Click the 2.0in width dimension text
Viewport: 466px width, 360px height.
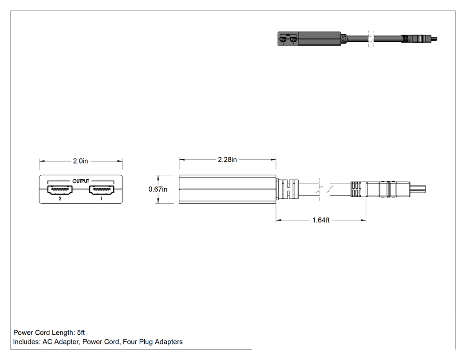point(80,161)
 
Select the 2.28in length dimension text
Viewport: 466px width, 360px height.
point(227,160)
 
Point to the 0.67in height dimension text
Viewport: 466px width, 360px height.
point(158,190)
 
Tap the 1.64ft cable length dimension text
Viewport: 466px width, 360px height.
point(321,220)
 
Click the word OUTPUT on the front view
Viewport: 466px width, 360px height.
point(81,181)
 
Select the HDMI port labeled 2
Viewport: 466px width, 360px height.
point(60,190)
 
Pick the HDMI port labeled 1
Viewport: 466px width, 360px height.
point(102,190)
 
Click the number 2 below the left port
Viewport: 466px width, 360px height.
point(60,198)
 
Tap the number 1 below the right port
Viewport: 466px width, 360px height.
point(101,198)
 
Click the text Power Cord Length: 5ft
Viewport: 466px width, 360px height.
point(49,332)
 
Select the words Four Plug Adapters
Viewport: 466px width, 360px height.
point(153,342)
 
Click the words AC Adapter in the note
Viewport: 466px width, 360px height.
point(61,342)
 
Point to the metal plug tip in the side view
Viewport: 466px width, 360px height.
point(418,189)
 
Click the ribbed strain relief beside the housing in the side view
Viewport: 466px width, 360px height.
point(287,189)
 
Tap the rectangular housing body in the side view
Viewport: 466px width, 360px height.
point(227,190)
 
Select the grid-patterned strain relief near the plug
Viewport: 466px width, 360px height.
point(356,190)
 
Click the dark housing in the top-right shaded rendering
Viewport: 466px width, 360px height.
point(309,39)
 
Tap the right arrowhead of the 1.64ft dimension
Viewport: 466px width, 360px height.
point(363,220)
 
